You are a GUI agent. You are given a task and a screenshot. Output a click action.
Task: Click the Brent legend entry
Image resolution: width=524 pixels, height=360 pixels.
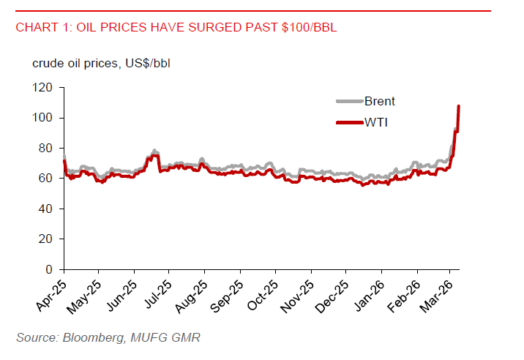pos(380,102)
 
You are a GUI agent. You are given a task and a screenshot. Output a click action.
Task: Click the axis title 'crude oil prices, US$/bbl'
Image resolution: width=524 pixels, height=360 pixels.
pos(101,63)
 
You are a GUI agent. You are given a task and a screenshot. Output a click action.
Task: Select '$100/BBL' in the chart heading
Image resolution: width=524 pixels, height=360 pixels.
pos(311,28)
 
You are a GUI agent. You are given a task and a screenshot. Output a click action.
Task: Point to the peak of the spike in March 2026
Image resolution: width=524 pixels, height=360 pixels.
pos(458,106)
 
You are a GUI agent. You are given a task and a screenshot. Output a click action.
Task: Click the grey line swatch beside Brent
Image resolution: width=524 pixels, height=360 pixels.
pos(348,102)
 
